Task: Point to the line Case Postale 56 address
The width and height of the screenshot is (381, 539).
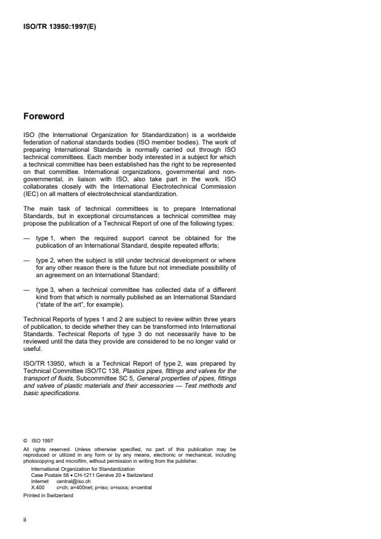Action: [x=92, y=475]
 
